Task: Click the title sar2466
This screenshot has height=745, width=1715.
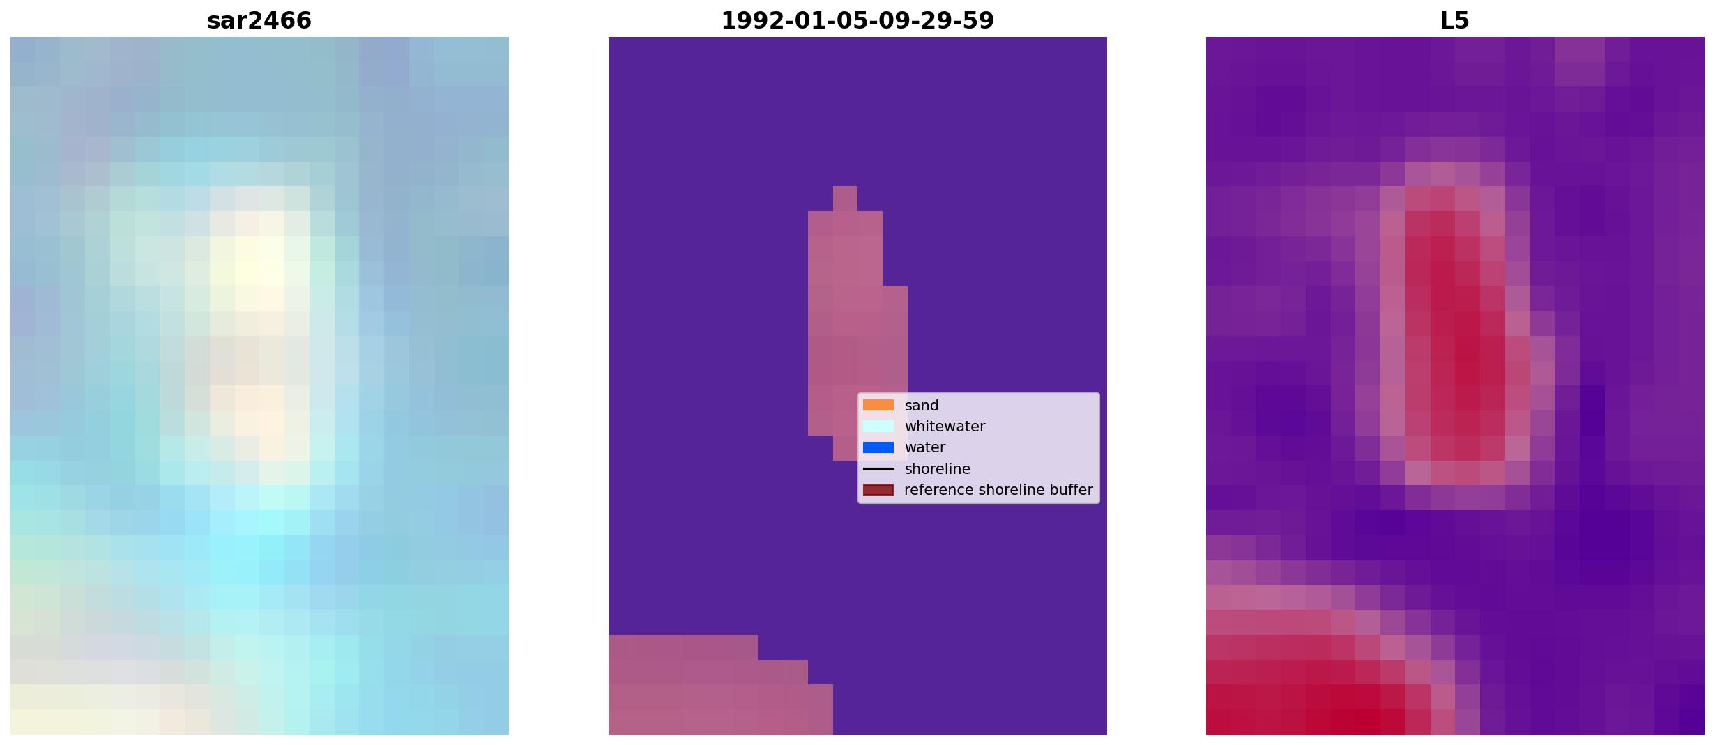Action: pyautogui.click(x=259, y=21)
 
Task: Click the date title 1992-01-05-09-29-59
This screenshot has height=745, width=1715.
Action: pyautogui.click(x=857, y=21)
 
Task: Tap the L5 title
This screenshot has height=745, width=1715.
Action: pyautogui.click(x=1455, y=21)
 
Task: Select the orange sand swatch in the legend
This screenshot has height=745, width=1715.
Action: pyautogui.click(x=878, y=405)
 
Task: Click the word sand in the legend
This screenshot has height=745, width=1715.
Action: pyautogui.click(x=922, y=406)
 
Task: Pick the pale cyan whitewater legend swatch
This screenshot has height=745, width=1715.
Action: pyautogui.click(x=878, y=426)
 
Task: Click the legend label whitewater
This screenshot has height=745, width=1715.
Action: pyautogui.click(x=945, y=427)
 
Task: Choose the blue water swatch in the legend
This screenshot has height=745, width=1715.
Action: pyautogui.click(x=878, y=447)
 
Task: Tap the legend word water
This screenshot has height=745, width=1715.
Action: pyautogui.click(x=925, y=447)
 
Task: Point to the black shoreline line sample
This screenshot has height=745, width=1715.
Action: pyautogui.click(x=878, y=469)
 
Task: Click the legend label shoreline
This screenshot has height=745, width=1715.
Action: pyautogui.click(x=938, y=469)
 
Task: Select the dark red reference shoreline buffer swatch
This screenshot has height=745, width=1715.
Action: pyautogui.click(x=878, y=490)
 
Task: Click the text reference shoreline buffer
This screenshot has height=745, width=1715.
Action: pyautogui.click(x=998, y=490)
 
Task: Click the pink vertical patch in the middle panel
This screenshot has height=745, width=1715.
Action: pyautogui.click(x=845, y=328)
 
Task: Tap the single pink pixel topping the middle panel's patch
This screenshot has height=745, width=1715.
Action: pyautogui.click(x=845, y=199)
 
